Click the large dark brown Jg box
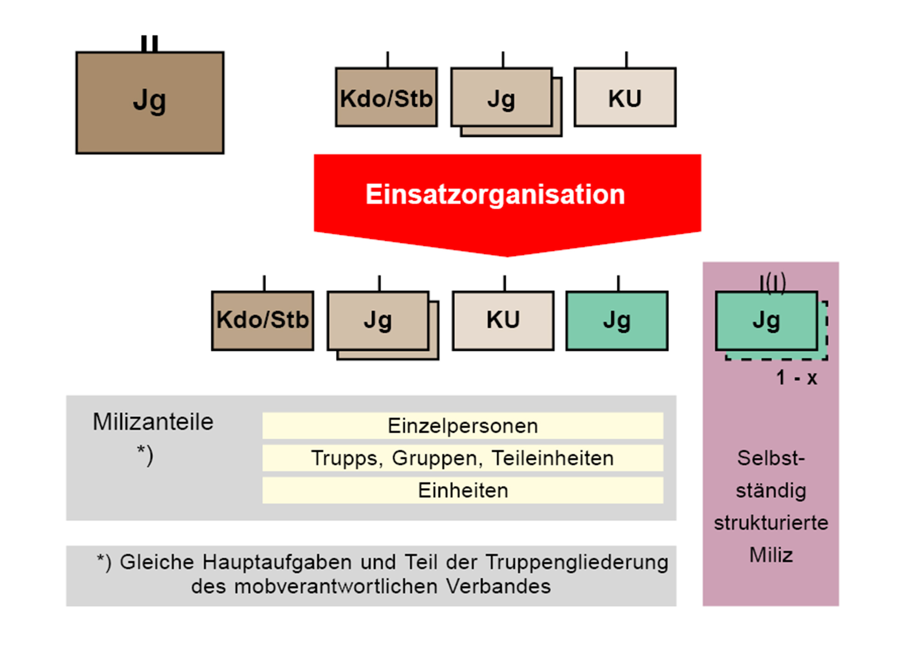tap(150, 103)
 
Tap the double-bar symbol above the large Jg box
tap(149, 44)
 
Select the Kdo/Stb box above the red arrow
tap(386, 98)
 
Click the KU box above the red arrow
tap(624, 98)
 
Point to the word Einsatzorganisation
tap(495, 194)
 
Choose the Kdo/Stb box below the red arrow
tap(262, 321)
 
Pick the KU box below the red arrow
tap(502, 321)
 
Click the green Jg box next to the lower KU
tap(616, 321)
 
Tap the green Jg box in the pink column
tap(766, 321)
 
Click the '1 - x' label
tap(796, 378)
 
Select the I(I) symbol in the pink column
tap(772, 283)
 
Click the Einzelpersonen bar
tap(462, 426)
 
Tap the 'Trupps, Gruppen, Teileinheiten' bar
tap(462, 458)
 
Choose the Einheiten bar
tap(462, 491)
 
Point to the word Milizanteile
tap(153, 422)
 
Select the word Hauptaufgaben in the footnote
tap(277, 562)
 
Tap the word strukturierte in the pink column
tap(771, 523)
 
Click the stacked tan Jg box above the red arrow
tap(502, 98)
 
